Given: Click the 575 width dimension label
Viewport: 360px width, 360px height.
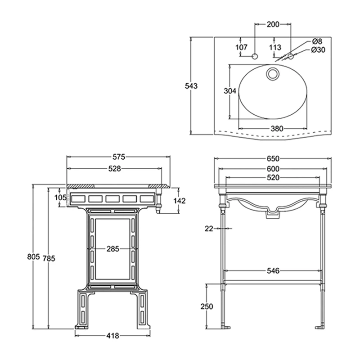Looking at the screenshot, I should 118,157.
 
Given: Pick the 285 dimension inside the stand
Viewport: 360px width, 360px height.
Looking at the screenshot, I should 113,249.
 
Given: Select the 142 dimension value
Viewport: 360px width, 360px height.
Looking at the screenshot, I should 180,200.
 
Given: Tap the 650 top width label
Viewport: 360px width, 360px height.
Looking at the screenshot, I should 273,158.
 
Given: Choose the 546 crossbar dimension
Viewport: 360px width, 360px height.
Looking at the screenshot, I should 273,271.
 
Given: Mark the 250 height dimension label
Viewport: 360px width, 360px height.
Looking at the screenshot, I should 207,306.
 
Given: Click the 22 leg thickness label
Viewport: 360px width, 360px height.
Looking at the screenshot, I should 208,229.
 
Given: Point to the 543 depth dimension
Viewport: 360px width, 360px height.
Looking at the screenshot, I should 192,85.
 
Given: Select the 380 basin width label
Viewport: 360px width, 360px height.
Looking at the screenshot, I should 277,129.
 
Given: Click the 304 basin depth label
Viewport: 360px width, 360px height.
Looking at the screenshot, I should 230,91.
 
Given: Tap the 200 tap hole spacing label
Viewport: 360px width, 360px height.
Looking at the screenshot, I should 273,24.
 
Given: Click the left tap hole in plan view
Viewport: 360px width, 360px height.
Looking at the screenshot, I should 254,57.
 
